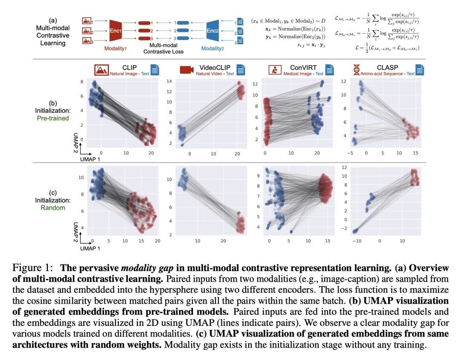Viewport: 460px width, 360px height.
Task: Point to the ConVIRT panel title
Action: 303,68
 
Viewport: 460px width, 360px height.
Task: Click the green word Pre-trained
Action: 52,118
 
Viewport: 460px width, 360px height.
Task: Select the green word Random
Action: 52,207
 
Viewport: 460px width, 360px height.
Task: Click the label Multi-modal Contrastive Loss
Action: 163,48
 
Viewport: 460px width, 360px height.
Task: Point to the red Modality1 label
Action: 119,49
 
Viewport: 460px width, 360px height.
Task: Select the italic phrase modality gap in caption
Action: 143,268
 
